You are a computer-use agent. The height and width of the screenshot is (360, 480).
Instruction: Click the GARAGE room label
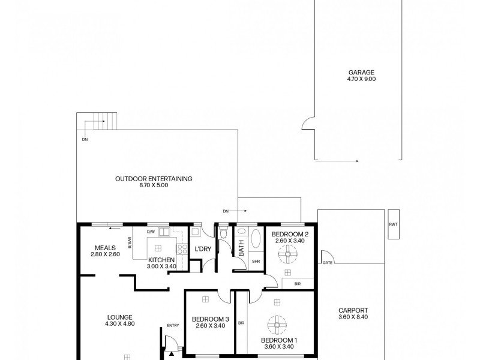pyautogui.click(x=361, y=73)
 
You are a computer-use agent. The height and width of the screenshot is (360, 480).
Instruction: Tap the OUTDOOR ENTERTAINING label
pyautogui.click(x=154, y=179)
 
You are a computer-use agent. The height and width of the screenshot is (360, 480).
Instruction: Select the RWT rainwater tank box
pyautogui.click(x=394, y=224)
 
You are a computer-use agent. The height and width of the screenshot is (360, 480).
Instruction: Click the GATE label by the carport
pyautogui.click(x=327, y=263)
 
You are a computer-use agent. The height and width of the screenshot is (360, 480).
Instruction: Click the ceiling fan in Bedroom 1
pyautogui.click(x=277, y=325)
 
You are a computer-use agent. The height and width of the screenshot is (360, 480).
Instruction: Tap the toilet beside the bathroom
pyautogui.click(x=224, y=232)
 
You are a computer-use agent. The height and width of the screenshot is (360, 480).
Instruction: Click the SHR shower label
pyautogui.click(x=256, y=262)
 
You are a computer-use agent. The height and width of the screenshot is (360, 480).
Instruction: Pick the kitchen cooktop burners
pyautogui.click(x=182, y=248)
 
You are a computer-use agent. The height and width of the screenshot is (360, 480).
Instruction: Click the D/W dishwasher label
pyautogui.click(x=151, y=232)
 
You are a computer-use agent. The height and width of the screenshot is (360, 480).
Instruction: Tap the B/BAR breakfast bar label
pyautogui.click(x=130, y=242)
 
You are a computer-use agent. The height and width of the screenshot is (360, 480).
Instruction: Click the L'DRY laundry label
pyautogui.click(x=203, y=249)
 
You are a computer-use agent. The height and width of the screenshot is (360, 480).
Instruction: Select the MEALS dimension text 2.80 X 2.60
pyautogui.click(x=106, y=254)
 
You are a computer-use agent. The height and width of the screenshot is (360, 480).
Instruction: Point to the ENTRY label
pyautogui.click(x=173, y=325)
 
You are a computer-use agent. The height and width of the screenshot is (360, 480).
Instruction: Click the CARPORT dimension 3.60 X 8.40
pyautogui.click(x=353, y=317)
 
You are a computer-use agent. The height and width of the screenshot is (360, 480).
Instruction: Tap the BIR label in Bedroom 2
pyautogui.click(x=298, y=284)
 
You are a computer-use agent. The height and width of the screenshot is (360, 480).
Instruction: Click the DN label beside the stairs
pyautogui.click(x=85, y=140)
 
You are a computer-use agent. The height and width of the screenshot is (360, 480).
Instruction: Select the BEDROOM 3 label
pyautogui.click(x=211, y=319)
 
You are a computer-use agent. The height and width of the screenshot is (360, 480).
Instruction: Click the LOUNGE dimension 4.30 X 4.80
pyautogui.click(x=120, y=323)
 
